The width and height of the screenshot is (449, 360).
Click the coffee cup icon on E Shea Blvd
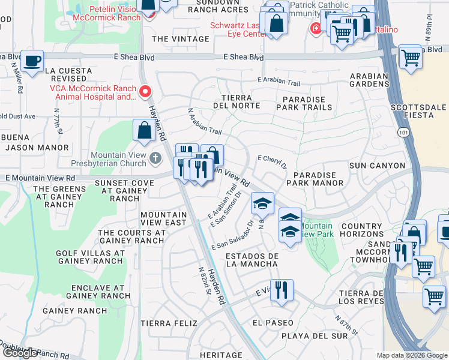[32, 61]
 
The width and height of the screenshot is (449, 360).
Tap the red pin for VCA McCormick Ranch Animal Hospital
[145, 92]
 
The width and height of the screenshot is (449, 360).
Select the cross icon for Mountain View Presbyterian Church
[155, 158]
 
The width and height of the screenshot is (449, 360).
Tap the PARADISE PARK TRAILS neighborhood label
[304, 103]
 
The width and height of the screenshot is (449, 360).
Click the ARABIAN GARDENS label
[370, 79]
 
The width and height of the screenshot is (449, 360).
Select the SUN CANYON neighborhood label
[377, 165]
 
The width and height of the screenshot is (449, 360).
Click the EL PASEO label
[273, 322]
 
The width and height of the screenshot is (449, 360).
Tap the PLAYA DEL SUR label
[315, 335]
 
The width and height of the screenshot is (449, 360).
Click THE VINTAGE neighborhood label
[181, 39]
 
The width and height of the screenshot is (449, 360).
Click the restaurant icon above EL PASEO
[280, 290]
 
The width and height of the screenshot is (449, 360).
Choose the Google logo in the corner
[19, 353]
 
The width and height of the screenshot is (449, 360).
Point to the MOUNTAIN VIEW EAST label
[163, 218]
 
